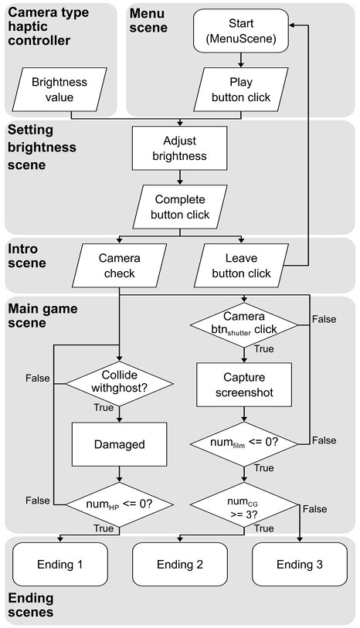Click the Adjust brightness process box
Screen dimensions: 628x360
(180, 148)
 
